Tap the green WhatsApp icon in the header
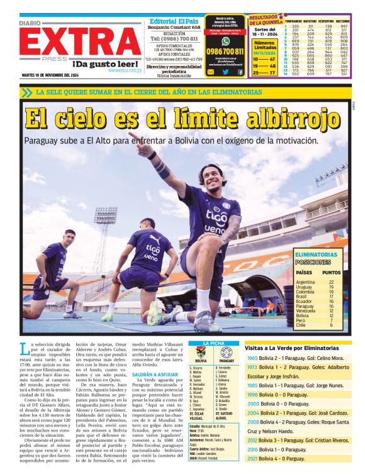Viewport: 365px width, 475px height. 225,40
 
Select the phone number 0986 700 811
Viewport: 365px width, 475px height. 225,52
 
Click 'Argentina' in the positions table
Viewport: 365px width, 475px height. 305,282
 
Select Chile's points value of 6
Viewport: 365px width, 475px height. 331,325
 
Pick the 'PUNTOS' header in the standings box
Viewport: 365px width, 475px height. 331,273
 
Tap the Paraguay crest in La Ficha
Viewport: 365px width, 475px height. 226,354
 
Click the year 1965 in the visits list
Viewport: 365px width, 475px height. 252,358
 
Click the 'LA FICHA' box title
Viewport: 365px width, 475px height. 213,343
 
